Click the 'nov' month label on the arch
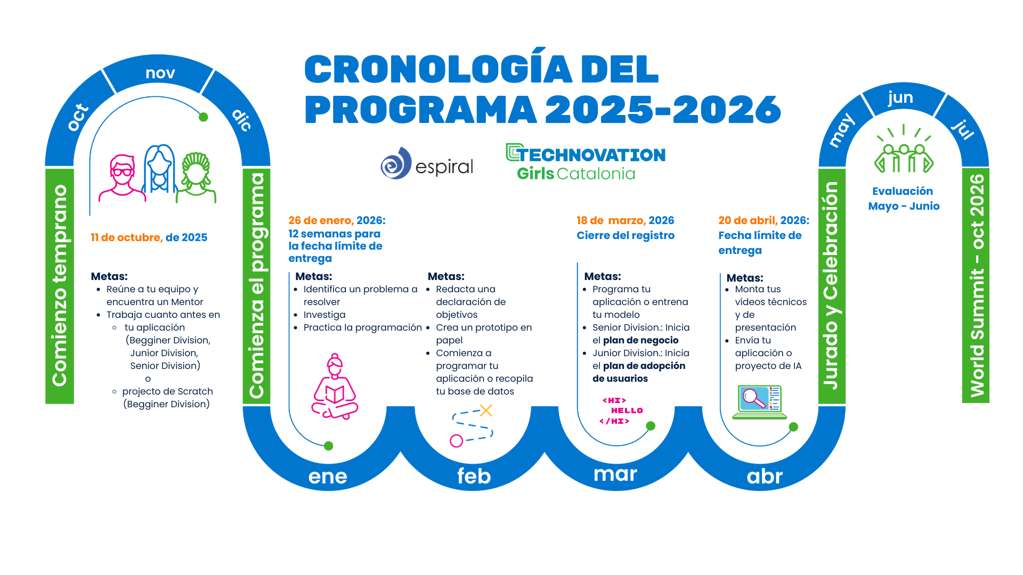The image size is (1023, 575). (160, 73)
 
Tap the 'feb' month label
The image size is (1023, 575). (474, 476)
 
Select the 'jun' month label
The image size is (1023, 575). (900, 98)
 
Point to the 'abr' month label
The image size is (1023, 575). (765, 476)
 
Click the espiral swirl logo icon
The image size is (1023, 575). (396, 163)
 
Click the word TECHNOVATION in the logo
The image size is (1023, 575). (591, 155)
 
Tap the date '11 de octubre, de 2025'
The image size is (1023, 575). (149, 237)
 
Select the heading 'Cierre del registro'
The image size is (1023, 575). (626, 235)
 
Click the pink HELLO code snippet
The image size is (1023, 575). (621, 410)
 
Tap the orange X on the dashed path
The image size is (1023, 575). (486, 410)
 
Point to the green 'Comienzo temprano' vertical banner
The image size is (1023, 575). (60, 286)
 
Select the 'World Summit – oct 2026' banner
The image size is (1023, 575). (976, 285)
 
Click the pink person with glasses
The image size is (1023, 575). (123, 178)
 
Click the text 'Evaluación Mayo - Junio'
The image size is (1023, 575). (904, 199)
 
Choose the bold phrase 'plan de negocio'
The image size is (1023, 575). (640, 340)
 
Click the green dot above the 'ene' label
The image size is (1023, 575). (329, 446)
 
